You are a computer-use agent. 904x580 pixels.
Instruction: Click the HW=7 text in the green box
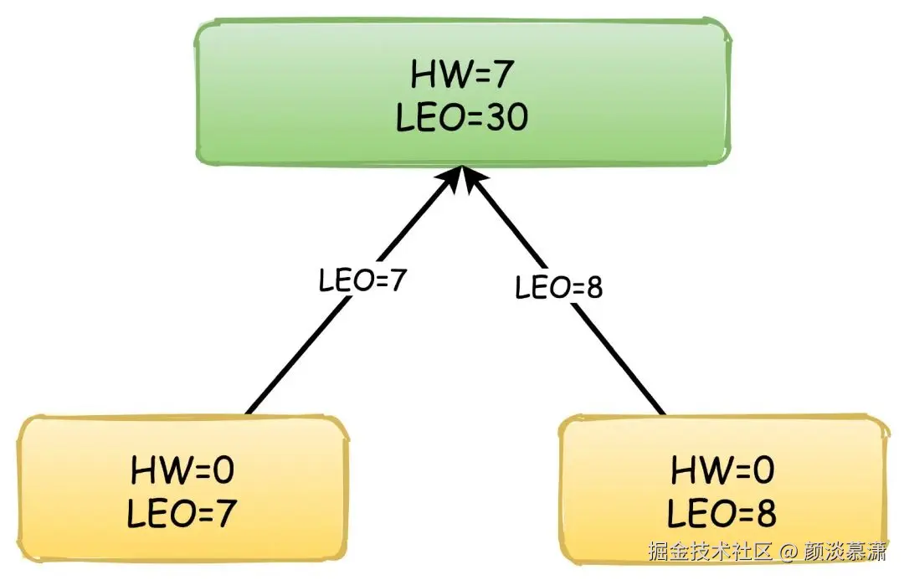461,76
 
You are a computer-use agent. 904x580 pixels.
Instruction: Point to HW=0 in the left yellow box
182,472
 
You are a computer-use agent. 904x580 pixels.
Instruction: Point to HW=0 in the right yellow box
722,472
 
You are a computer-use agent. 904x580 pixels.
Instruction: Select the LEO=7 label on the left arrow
362,281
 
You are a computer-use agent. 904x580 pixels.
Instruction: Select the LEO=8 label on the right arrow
558,289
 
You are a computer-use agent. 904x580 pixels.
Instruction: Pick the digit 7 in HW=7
500,76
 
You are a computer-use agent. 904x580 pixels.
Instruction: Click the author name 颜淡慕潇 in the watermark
844,553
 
